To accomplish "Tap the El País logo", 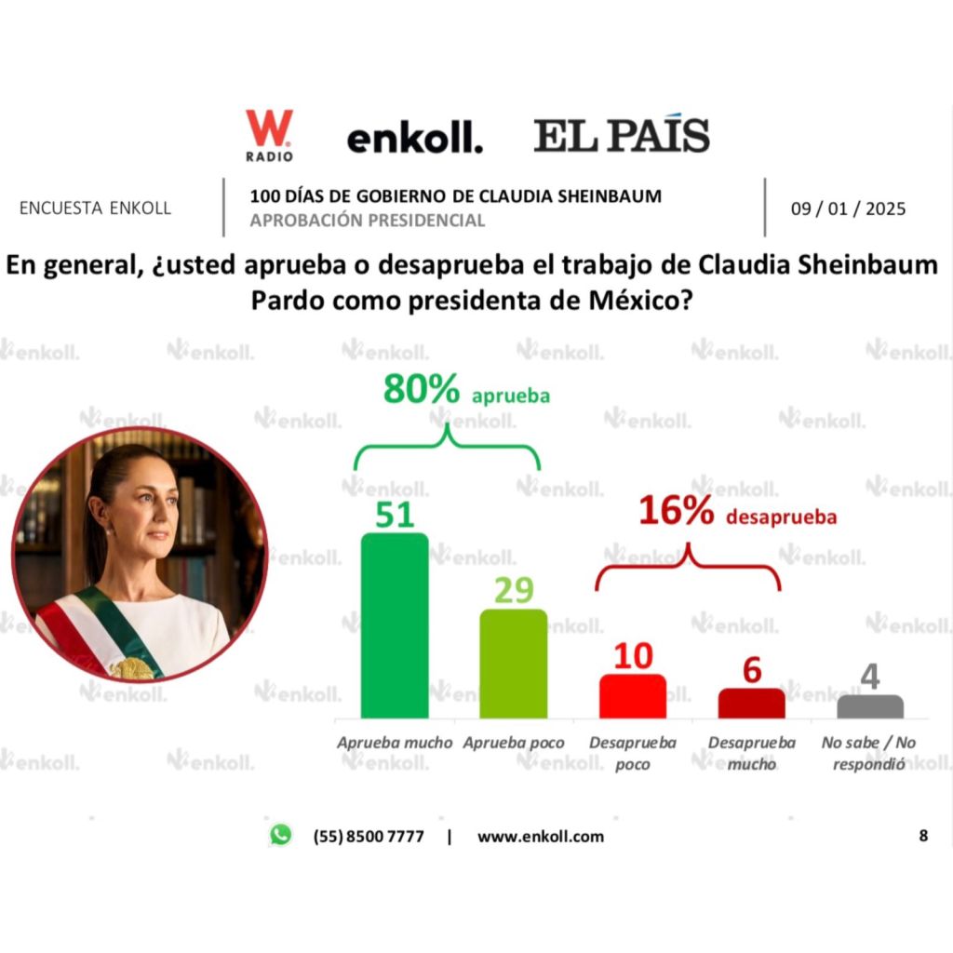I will coord(621,136).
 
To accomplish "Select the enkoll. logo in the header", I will coord(414,139).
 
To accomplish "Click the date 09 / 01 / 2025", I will coord(848,208).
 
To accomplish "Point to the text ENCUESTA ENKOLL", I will coord(95,208).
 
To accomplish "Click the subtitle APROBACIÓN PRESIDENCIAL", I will coord(368,221).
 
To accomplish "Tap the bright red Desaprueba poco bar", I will coord(633,696).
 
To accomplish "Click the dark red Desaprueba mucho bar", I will coord(751,704).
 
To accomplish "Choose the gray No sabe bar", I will coord(870,706).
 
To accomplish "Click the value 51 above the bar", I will coord(394,514).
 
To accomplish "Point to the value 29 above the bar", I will coord(513,590).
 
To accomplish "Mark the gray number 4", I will coord(870,677).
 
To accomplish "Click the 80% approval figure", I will coord(421,391).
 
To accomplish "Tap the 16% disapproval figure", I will coord(676,512).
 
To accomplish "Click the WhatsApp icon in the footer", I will coord(280,835).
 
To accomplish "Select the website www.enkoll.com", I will coord(540,836).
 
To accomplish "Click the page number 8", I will coord(923,836).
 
